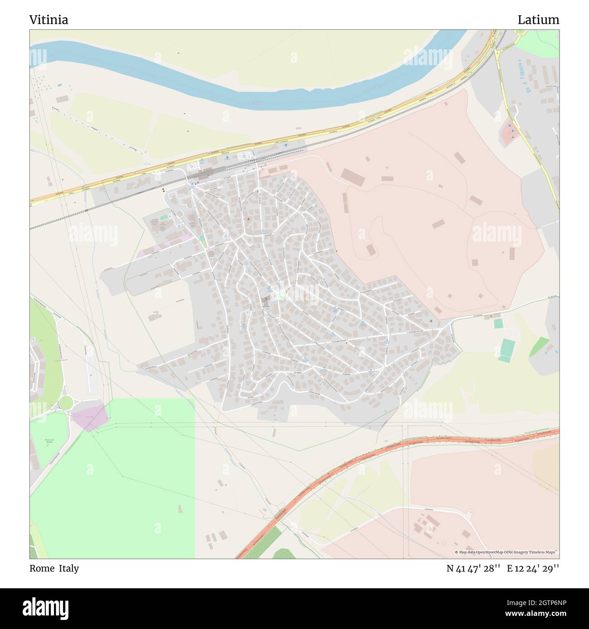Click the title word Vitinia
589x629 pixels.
(x=49, y=20)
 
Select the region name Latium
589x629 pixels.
(x=538, y=20)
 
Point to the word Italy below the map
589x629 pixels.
(x=68, y=568)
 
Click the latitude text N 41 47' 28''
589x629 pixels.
(x=473, y=568)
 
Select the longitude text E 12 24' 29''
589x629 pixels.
(x=533, y=568)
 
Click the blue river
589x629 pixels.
(x=254, y=97)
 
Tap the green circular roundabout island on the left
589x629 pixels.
(x=66, y=402)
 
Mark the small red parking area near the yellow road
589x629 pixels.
(x=509, y=133)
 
